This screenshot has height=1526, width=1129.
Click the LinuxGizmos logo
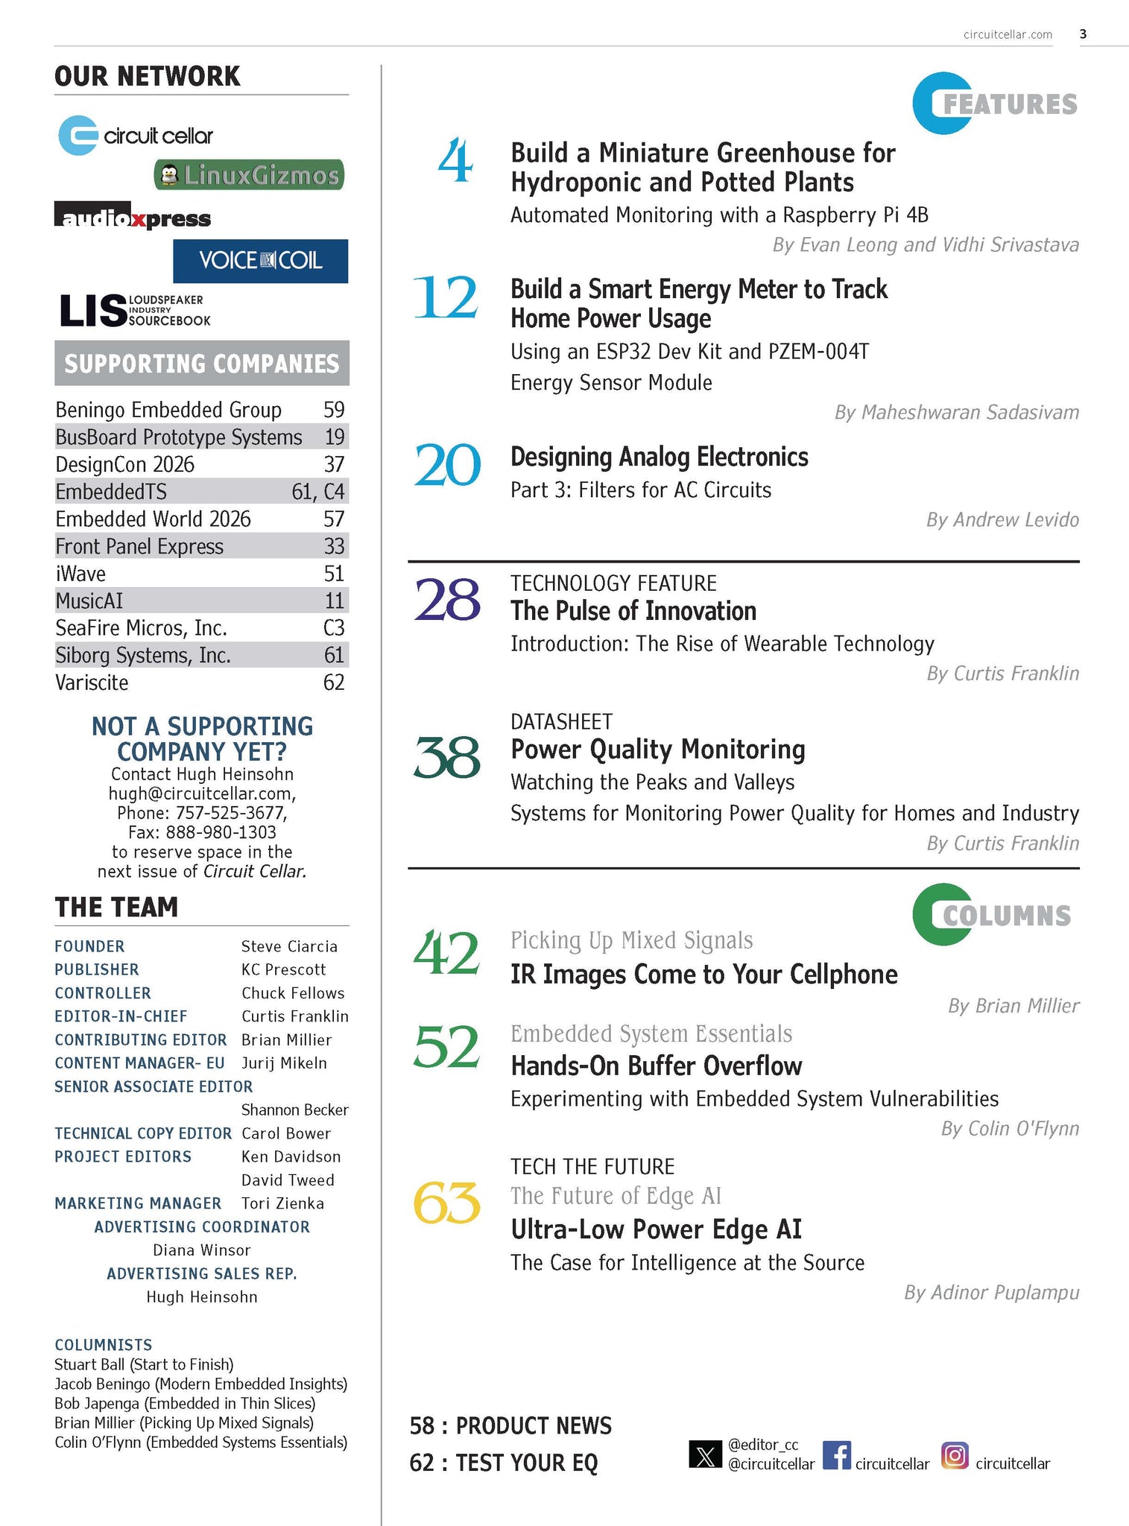point(249,175)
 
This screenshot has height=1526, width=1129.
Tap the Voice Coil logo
point(260,261)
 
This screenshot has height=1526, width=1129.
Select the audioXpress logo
point(132,216)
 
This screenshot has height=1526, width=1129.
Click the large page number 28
point(446,601)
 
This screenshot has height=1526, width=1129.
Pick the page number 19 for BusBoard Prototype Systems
point(334,437)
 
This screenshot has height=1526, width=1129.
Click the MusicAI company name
point(89,601)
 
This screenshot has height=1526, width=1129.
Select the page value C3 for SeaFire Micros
point(333,628)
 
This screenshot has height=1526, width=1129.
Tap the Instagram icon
point(955,1455)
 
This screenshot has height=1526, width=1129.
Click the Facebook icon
point(836,1455)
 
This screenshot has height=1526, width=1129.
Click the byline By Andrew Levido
point(1002,520)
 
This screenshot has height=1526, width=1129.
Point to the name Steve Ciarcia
point(289,946)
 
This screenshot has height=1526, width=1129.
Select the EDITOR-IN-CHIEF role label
point(121,1016)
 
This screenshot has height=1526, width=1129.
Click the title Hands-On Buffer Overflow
point(656,1066)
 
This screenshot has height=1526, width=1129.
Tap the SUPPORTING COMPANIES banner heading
point(201,364)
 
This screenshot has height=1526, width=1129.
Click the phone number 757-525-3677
point(231,813)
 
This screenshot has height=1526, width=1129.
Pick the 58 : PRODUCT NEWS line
point(510,1426)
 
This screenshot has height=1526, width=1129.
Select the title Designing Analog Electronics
point(659,457)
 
